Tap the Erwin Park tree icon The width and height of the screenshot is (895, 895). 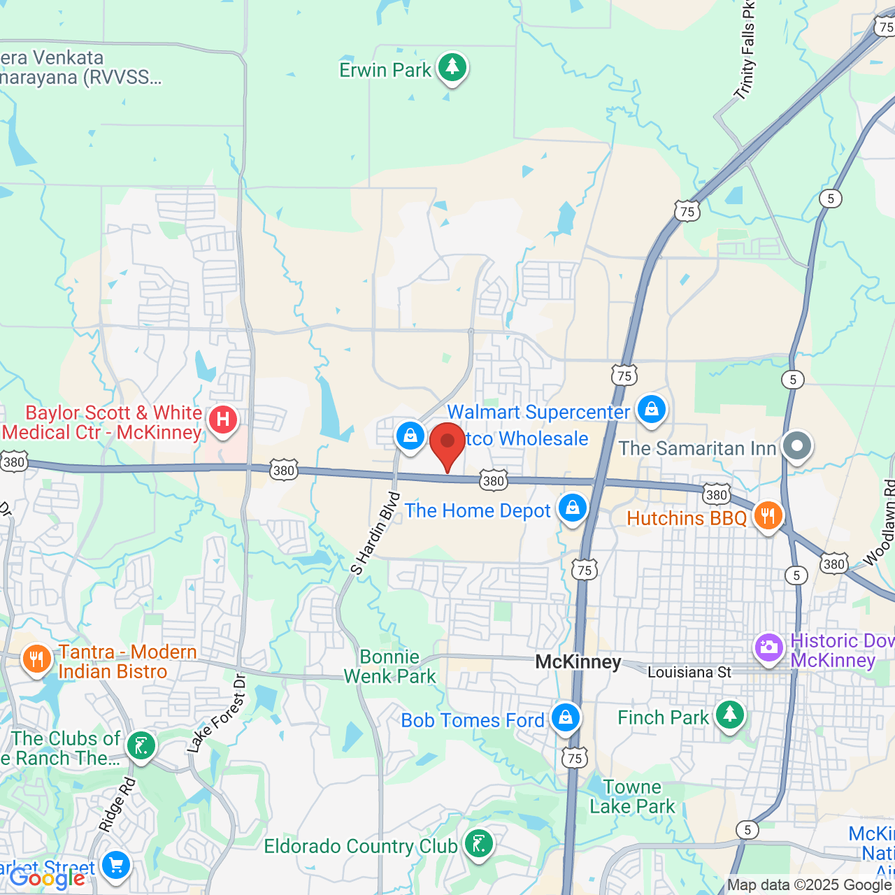click(452, 68)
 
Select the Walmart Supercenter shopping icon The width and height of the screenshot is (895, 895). click(652, 409)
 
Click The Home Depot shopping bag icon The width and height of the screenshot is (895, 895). click(573, 508)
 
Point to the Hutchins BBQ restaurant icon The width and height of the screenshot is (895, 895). click(768, 516)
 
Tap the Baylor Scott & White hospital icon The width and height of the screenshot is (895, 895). click(222, 420)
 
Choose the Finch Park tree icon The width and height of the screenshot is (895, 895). click(729, 715)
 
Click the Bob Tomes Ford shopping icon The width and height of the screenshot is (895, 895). click(565, 717)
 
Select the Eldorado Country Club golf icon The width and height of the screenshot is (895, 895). click(479, 844)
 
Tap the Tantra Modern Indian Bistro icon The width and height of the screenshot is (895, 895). click(36, 659)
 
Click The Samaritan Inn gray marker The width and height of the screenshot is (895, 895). click(796, 445)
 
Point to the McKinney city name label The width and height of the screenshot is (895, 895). click(578, 662)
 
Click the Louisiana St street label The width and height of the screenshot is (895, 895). click(689, 673)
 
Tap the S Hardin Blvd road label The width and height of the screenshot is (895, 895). click(375, 534)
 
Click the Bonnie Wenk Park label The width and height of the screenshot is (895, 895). click(389, 666)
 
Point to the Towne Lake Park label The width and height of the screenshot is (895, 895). click(632, 797)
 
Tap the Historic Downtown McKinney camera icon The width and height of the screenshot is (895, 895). click(768, 647)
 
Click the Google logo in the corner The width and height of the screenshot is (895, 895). click(48, 878)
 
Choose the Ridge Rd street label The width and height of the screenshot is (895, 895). click(117, 805)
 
